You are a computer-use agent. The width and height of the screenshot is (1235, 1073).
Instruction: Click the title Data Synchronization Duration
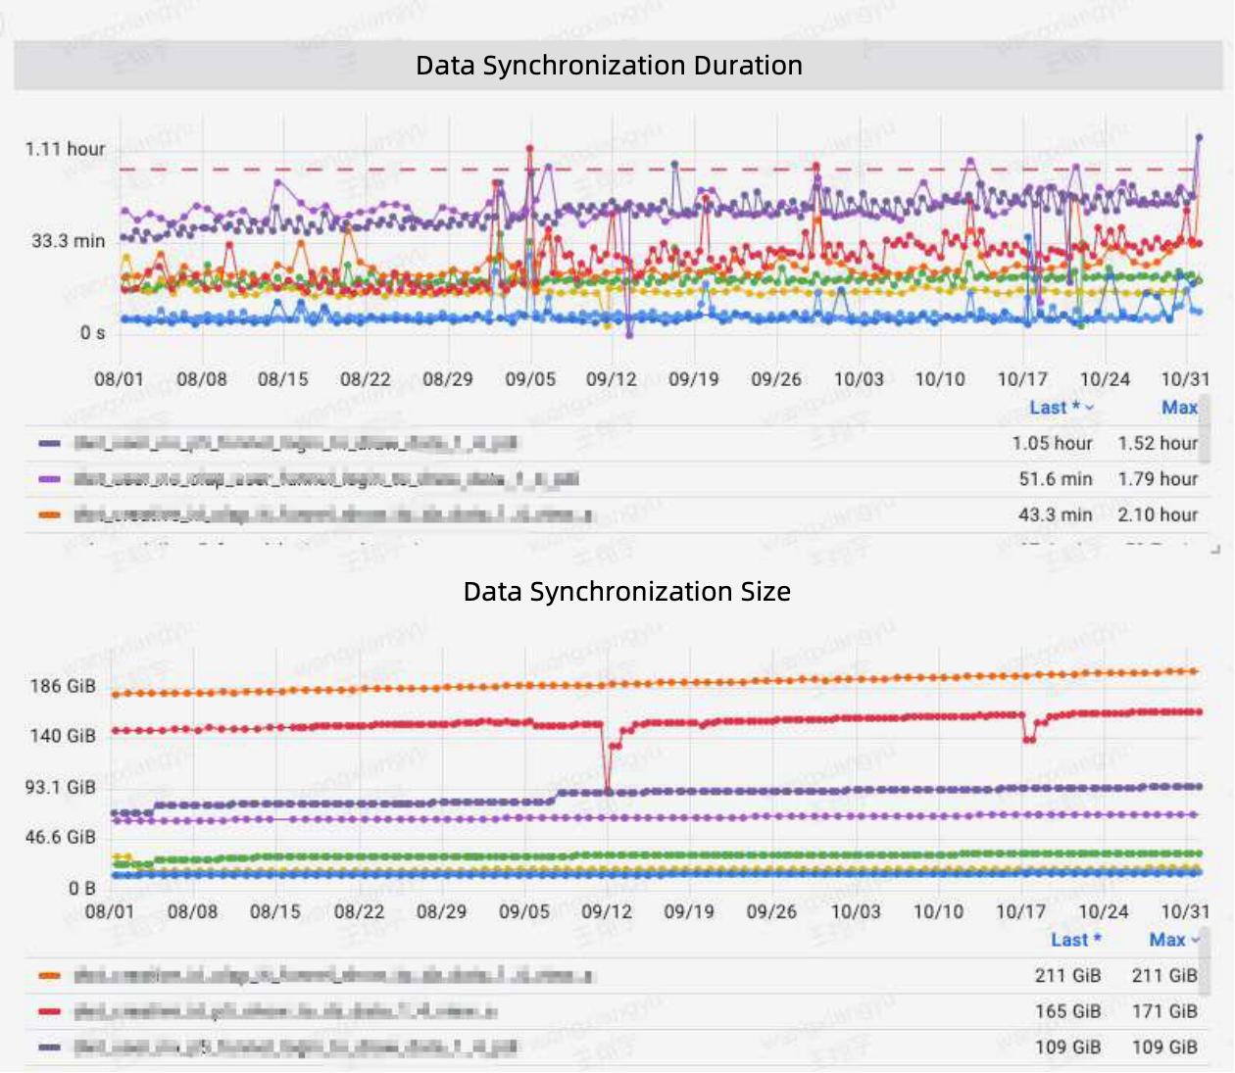[609, 66]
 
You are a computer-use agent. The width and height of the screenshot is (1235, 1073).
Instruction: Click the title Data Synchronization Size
[626, 592]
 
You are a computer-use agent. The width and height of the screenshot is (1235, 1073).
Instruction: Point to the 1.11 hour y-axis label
[65, 149]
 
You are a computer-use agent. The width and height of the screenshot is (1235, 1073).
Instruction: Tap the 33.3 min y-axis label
[68, 241]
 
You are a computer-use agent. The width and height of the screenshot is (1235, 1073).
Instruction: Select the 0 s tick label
[92, 333]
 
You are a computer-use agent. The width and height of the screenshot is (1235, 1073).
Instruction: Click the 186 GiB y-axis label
[63, 686]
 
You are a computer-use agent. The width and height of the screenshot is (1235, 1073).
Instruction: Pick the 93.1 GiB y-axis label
[61, 787]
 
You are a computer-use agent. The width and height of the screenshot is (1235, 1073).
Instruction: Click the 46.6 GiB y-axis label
[61, 837]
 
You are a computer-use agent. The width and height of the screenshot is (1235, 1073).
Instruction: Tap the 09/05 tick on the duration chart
[530, 379]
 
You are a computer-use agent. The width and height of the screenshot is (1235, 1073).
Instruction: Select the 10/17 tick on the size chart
[1021, 911]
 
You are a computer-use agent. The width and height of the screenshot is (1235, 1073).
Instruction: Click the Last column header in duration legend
[1055, 408]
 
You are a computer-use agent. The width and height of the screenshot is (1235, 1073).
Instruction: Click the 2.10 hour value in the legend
[1158, 514]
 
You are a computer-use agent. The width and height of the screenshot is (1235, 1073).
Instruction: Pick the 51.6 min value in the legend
[1055, 479]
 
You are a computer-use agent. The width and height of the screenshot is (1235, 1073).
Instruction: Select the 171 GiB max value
[1164, 1011]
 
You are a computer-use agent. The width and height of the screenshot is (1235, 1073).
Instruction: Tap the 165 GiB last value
[1067, 1011]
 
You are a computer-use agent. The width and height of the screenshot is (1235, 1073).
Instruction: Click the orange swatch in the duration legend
[49, 514]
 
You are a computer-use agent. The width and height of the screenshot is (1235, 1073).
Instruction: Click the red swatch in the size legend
[49, 1011]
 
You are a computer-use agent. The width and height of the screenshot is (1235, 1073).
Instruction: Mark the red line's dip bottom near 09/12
[609, 790]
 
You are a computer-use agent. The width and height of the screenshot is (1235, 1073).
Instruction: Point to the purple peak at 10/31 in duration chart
[1199, 138]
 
